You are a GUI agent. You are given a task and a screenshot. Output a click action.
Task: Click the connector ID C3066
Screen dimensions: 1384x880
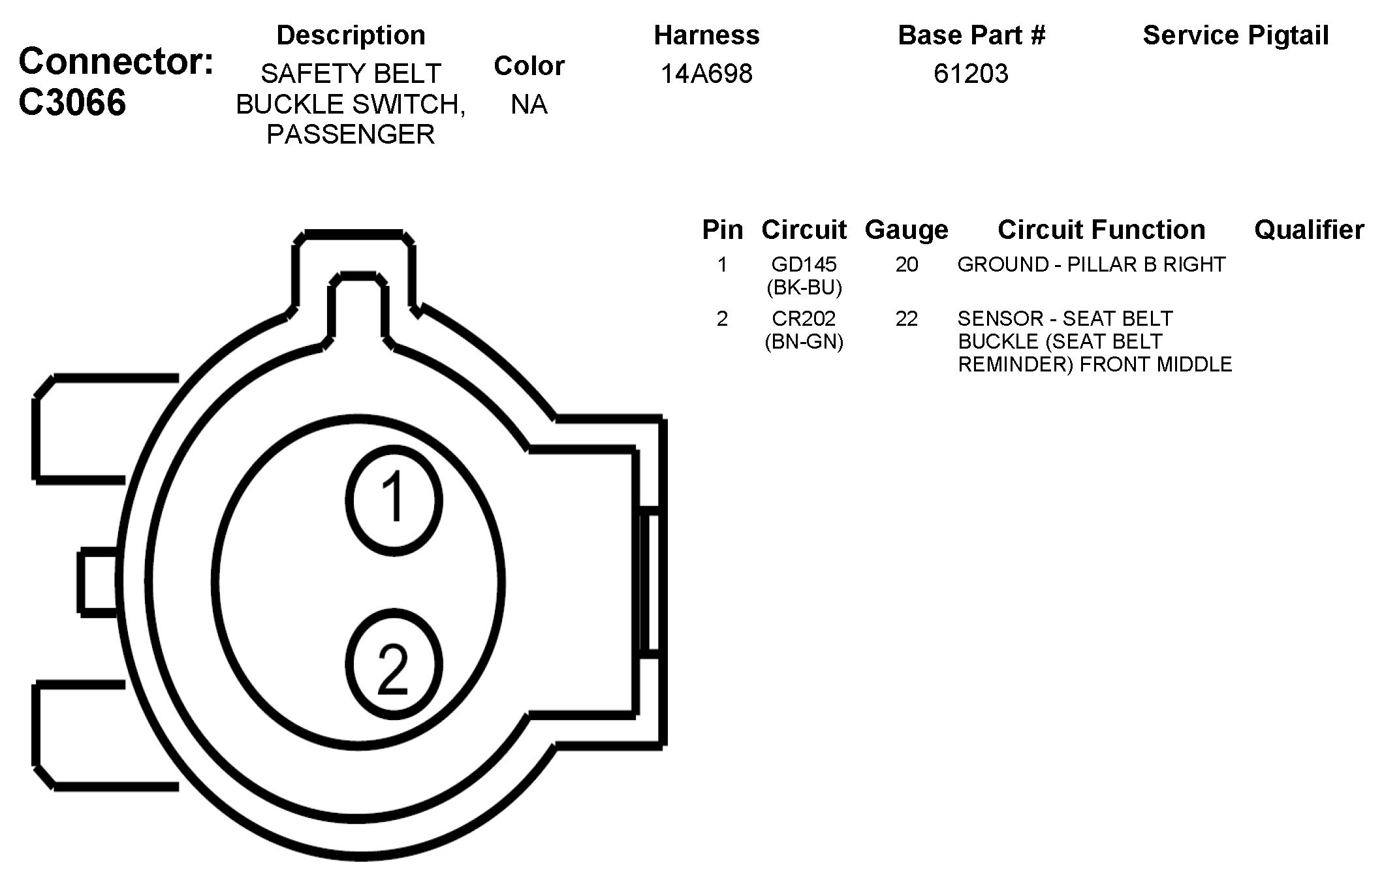click(72, 102)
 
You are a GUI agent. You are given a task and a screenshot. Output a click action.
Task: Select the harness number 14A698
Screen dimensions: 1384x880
click(706, 74)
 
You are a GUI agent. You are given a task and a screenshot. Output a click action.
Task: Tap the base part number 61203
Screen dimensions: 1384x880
click(971, 74)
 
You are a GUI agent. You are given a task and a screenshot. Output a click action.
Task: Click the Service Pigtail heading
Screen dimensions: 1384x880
click(1236, 36)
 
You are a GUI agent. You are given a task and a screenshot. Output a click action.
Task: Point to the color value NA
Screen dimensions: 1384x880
click(529, 104)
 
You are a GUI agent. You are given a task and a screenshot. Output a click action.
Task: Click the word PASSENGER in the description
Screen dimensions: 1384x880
click(351, 134)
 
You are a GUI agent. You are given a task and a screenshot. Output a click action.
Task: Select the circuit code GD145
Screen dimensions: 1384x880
click(804, 264)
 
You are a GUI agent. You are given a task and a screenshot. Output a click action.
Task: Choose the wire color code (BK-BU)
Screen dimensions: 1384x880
click(804, 287)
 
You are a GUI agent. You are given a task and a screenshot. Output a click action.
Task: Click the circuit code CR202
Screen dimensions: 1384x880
click(804, 319)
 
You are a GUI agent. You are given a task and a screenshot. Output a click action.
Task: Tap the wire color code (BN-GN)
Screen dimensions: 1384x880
click(804, 341)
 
